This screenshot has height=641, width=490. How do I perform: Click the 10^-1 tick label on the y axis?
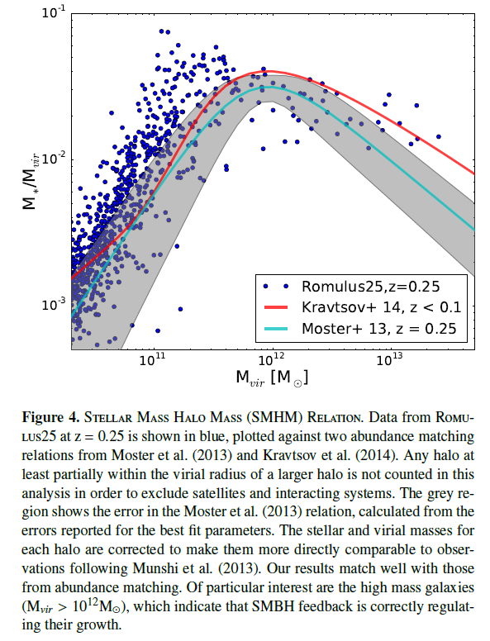point(53,12)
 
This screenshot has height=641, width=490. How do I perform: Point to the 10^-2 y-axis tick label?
point(53,159)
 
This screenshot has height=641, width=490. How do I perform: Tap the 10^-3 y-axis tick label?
point(53,304)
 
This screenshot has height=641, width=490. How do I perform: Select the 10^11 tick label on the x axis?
point(152,360)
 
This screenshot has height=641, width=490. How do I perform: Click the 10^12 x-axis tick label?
point(272,360)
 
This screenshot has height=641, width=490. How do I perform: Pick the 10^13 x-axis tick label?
point(390,360)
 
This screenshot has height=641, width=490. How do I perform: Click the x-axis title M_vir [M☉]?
point(272,377)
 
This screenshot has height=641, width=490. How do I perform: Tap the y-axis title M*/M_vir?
point(30,180)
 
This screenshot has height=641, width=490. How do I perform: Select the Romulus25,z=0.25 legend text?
point(370,287)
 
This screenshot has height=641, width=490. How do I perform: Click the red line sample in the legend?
point(276,307)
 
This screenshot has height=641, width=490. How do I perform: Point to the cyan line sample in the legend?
point(276,328)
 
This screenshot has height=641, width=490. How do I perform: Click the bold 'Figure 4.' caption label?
point(50,417)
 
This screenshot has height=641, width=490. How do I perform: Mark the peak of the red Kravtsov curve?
point(269,71)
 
